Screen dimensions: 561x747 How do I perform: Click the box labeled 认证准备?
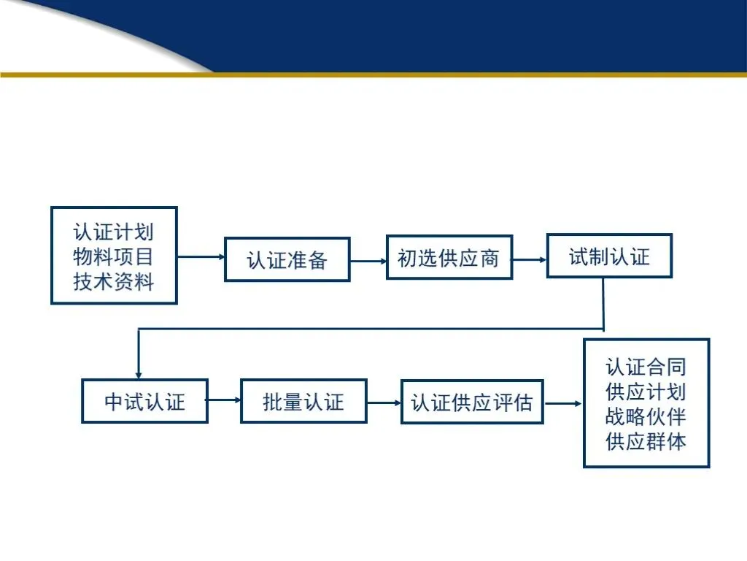pos(287,259)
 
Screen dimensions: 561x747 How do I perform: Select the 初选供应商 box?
pos(449,257)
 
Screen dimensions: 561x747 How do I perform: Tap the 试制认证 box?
pos(609,256)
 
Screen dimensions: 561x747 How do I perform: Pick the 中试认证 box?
pos(144,401)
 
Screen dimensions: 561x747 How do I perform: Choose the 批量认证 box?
pos(303,401)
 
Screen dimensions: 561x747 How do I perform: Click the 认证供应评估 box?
pos(472,402)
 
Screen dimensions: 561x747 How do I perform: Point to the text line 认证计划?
pos(114,233)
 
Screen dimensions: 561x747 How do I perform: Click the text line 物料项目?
pos(114,257)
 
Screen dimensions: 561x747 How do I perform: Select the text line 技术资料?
pos(114,281)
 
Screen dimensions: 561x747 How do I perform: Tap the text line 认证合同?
pos(646,367)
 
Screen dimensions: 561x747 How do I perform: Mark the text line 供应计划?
pos(646,392)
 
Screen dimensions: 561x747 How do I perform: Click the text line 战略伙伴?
pos(646,416)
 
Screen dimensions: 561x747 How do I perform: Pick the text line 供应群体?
pos(646,441)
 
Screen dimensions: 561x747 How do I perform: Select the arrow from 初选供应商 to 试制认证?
pos(530,258)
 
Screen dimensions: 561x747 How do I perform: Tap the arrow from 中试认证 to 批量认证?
pos(224,400)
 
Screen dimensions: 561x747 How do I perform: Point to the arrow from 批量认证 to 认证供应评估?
pos(384,402)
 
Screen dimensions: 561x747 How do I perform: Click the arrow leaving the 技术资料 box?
pos(201,257)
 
